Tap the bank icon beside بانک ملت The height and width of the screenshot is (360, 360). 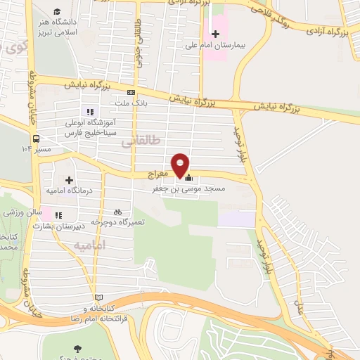pyautogui.click(x=131, y=92)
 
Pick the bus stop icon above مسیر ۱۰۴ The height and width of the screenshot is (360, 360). pyautogui.click(x=35, y=139)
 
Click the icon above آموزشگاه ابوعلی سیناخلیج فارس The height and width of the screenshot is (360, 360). pyautogui.click(x=89, y=111)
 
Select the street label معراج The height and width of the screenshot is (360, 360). pyautogui.click(x=160, y=172)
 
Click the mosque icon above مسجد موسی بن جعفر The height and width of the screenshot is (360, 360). pyautogui.click(x=188, y=178)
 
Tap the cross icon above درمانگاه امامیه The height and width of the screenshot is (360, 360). pyautogui.click(x=69, y=180)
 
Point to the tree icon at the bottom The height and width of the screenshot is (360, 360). pyautogui.click(x=77, y=349)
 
